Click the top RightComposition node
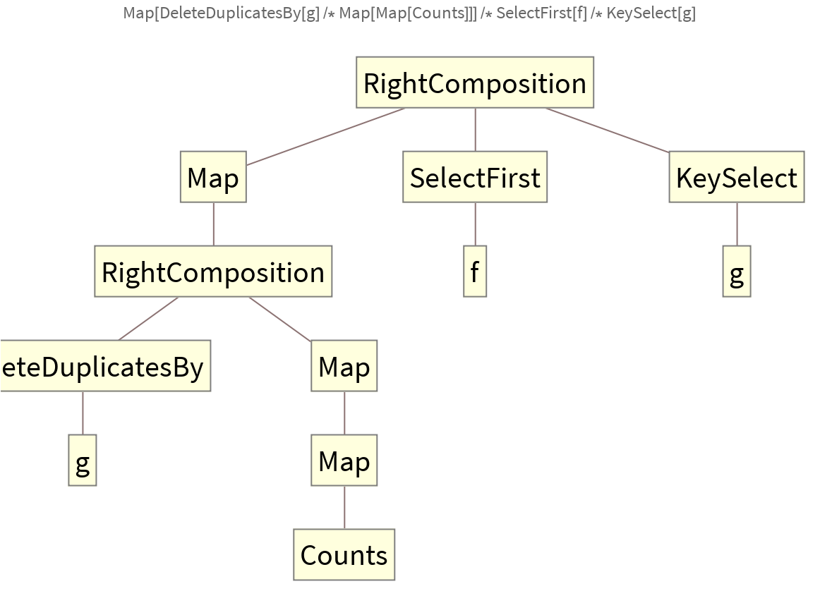tap(475, 83)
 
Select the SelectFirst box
tap(475, 177)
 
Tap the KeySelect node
tap(736, 177)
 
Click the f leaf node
tap(475, 272)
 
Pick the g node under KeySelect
tap(736, 272)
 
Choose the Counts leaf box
tap(344, 555)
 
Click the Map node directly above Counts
tap(344, 461)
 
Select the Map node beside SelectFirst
tap(213, 177)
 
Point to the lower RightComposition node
tap(213, 272)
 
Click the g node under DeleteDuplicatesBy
tap(83, 461)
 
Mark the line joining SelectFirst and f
tap(475, 224)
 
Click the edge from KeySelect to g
tap(737, 224)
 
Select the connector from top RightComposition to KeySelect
tap(607, 130)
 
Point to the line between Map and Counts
tap(344, 508)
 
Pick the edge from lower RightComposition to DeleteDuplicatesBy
tap(148, 319)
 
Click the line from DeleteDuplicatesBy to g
tap(83, 413)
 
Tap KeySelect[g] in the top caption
tap(651, 13)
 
